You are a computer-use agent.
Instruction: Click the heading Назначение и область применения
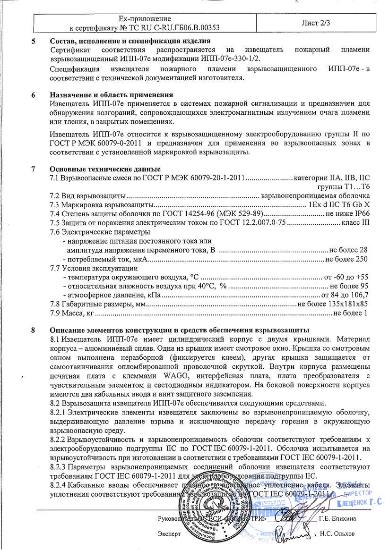[111, 94]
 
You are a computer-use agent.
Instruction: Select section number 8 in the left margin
[34, 330]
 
